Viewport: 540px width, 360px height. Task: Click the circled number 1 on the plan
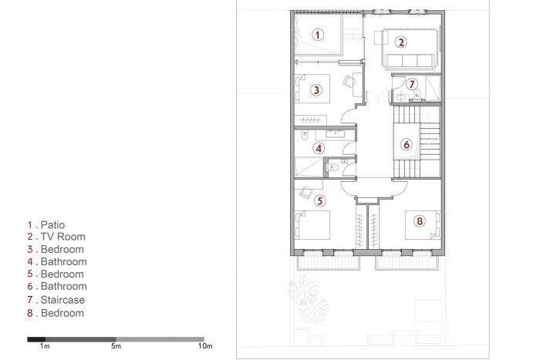(318, 35)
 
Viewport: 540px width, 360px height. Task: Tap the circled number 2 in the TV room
(400, 42)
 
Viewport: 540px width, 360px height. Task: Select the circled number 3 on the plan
(316, 90)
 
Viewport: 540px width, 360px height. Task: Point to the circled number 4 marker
(319, 148)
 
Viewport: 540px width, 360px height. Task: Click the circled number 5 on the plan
(320, 200)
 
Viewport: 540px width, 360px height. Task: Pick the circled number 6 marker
(407, 144)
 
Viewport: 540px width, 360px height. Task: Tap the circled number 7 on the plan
(411, 84)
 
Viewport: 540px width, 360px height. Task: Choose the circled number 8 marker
(420, 221)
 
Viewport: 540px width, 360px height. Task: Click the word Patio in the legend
(52, 225)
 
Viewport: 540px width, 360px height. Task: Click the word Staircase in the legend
(62, 300)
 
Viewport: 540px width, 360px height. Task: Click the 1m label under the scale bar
(45, 346)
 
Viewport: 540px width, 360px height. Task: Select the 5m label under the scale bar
(116, 346)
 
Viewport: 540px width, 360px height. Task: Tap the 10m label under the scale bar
(205, 346)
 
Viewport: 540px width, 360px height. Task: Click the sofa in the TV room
(410, 62)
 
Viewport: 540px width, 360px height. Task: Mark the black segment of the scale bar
(36, 339)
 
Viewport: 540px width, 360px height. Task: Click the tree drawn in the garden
(309, 299)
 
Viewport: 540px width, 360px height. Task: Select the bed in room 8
(423, 225)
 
